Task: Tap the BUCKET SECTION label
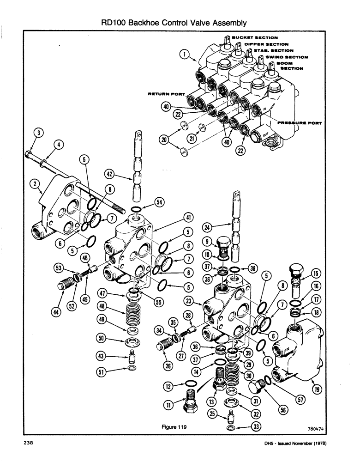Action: (x=255, y=37)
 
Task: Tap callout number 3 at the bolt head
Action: (x=40, y=134)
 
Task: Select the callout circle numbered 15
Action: (x=317, y=273)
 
